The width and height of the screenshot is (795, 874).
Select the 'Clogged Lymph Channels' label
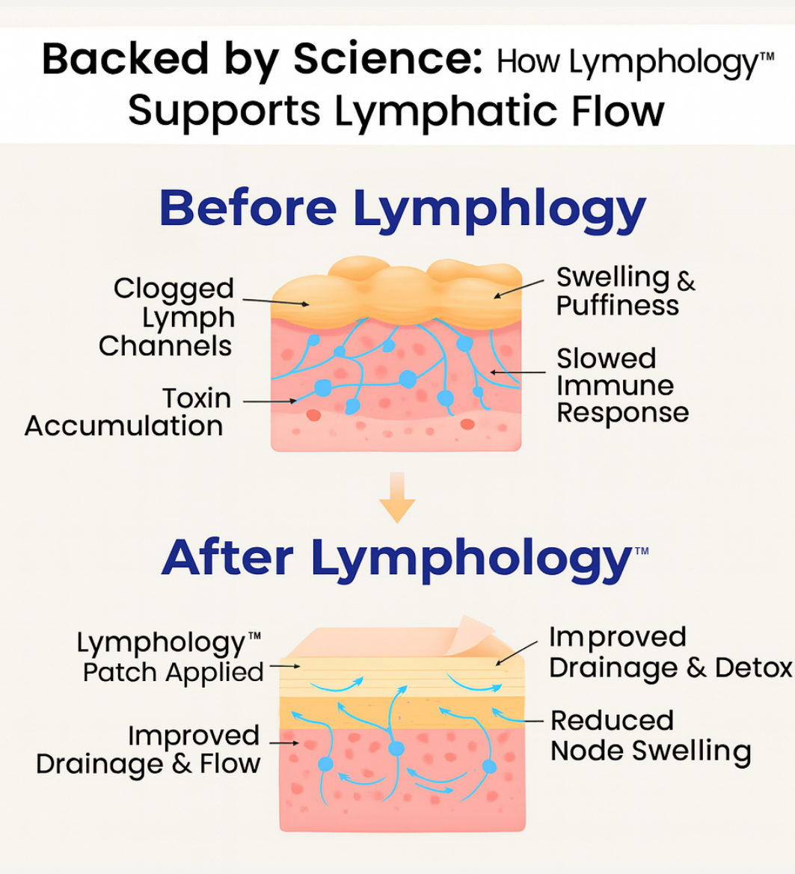[171, 317]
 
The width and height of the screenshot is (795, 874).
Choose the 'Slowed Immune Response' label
[621, 385]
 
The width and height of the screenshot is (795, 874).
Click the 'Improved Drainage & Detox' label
[669, 652]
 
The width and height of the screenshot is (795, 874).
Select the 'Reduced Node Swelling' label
[650, 736]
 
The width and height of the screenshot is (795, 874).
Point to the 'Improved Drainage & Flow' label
[148, 749]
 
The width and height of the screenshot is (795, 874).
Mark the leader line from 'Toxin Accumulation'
[269, 401]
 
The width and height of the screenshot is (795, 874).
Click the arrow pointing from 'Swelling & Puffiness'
[519, 289]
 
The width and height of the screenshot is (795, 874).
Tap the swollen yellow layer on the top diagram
[396, 292]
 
